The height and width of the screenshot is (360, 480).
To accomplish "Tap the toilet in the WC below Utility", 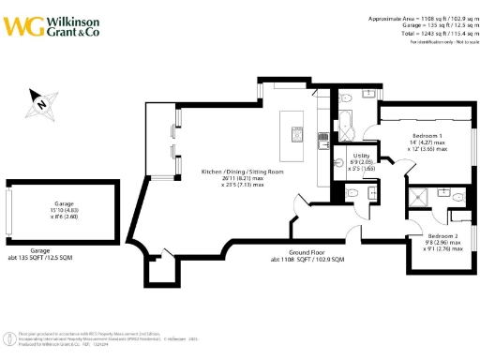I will point(350,193).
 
